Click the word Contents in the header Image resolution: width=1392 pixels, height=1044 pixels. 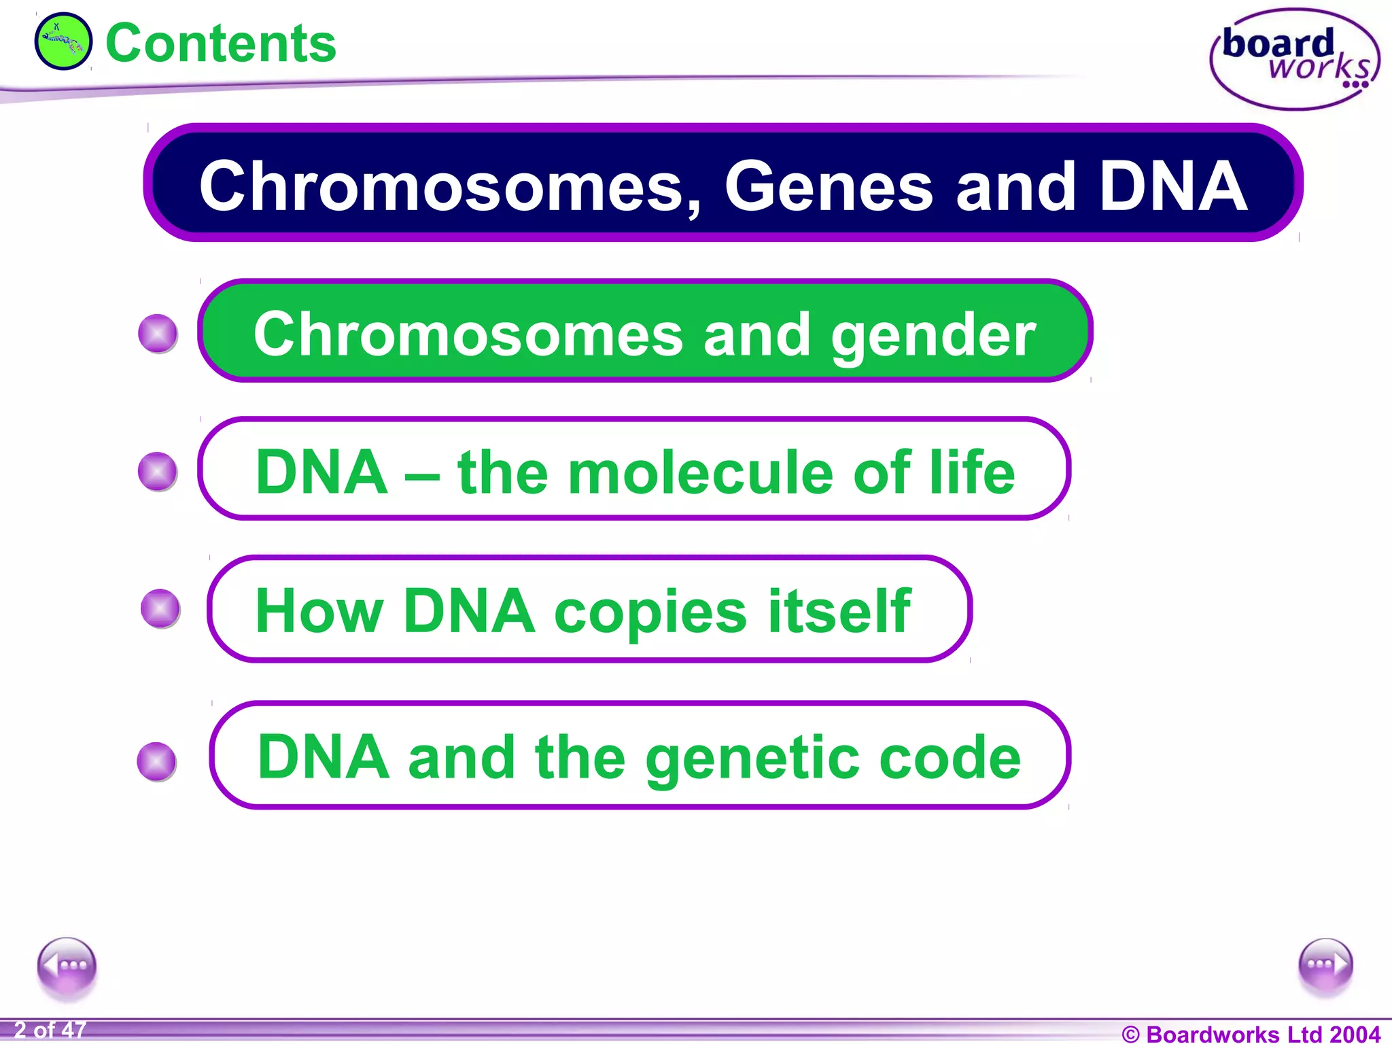coord(221,43)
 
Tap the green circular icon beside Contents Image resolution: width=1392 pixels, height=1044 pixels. coord(63,41)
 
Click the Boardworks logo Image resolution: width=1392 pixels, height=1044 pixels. coord(1295,60)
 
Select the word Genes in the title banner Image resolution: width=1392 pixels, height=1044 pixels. coord(829,186)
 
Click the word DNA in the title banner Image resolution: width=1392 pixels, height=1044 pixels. coord(1172,186)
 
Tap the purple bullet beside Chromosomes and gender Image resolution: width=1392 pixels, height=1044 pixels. coord(158,334)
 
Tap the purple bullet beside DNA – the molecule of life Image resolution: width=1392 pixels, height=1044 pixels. coord(158,471)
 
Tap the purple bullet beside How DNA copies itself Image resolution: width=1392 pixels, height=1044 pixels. coord(160,608)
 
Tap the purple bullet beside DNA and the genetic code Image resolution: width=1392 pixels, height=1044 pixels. coord(157,761)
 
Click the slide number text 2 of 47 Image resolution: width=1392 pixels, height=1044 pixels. coord(50,1030)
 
